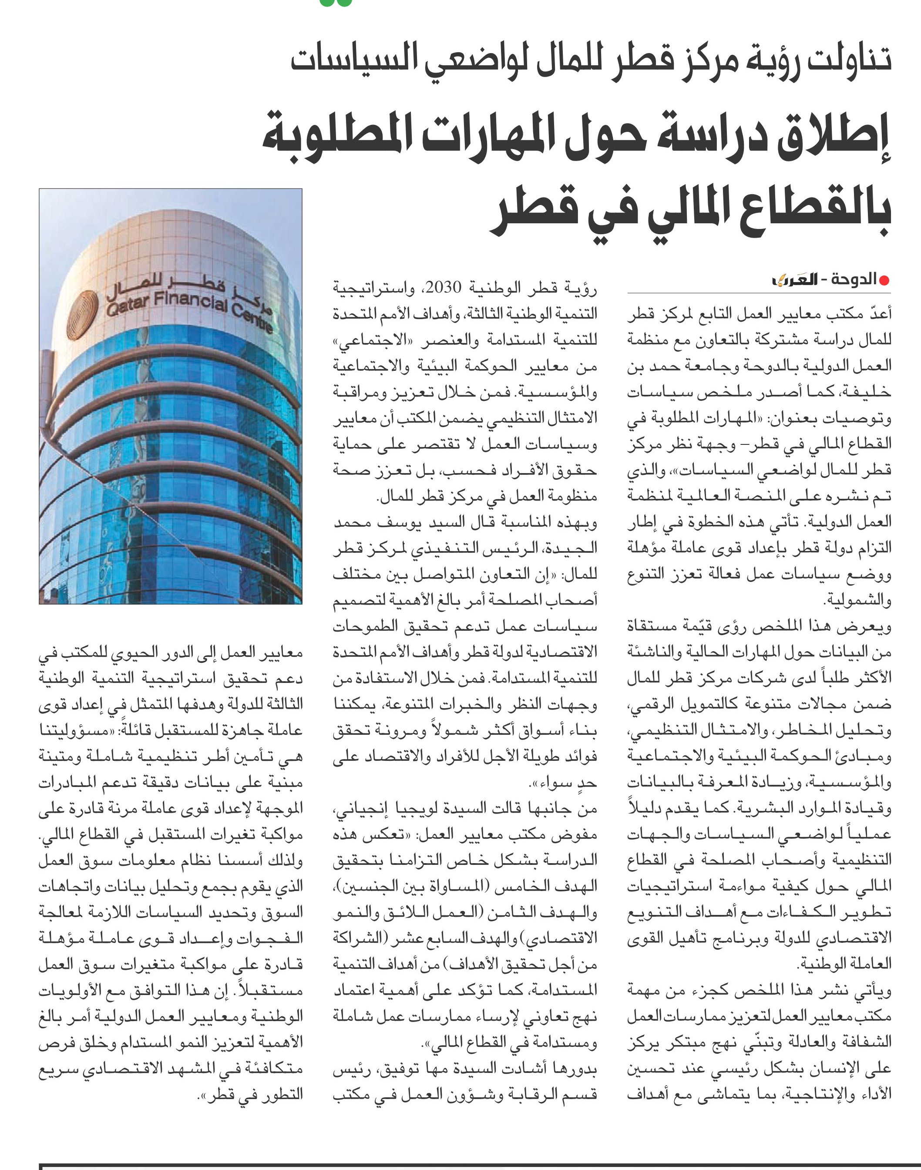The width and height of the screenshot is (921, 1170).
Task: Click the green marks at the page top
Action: tap(336, 3)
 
